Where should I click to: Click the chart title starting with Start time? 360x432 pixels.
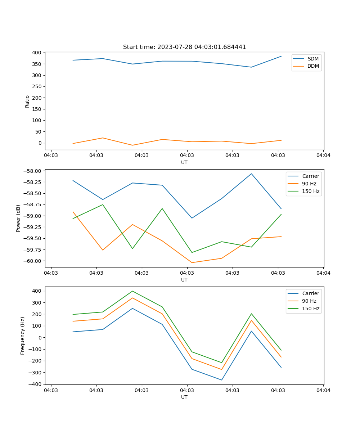[x=184, y=47]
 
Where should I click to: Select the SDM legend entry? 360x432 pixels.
[x=313, y=59]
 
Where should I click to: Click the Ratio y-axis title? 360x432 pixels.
[x=27, y=101]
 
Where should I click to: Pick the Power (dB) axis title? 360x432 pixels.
[x=18, y=218]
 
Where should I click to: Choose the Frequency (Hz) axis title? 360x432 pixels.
[x=23, y=336]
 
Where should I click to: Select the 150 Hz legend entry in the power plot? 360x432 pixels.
[x=311, y=191]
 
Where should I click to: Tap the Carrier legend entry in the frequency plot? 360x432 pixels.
[x=310, y=293]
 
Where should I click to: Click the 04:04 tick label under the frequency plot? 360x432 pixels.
[x=323, y=390]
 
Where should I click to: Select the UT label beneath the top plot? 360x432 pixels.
[x=184, y=162]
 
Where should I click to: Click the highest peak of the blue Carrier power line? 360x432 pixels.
[x=251, y=174]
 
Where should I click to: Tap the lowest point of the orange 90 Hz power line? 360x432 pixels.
[x=192, y=262]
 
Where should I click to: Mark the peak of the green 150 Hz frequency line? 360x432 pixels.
[x=132, y=291]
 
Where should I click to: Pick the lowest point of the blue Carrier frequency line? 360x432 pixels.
[x=221, y=380]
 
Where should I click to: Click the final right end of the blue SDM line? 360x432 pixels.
[x=281, y=56]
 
